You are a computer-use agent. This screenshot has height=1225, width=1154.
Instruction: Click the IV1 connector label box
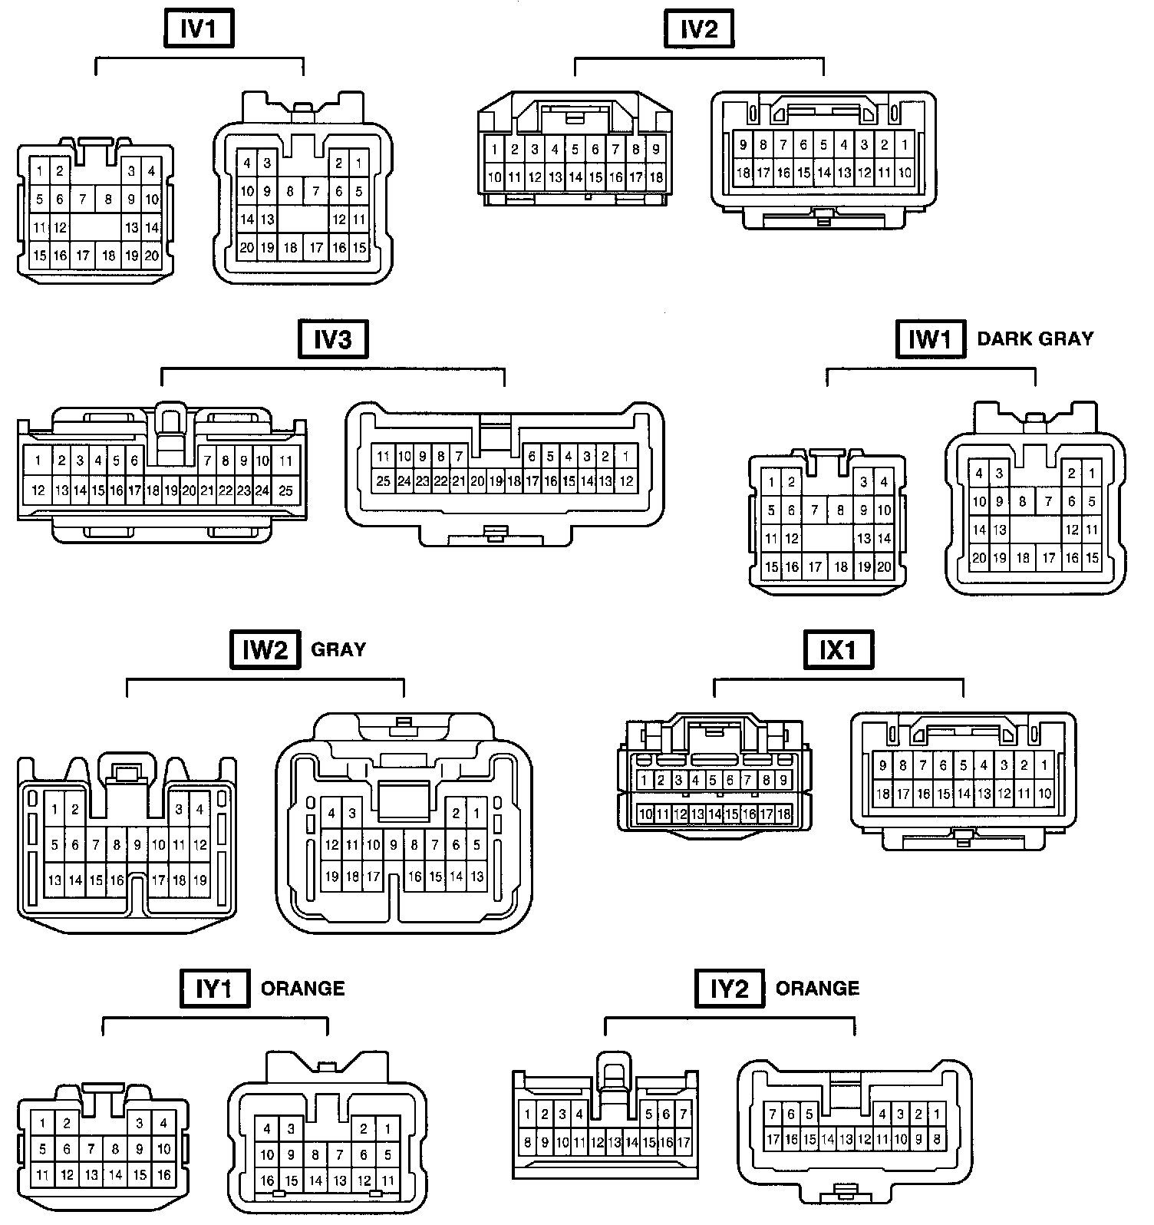199,29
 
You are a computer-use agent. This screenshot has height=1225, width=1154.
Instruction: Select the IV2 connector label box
699,29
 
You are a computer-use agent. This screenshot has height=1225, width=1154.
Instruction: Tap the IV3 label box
333,339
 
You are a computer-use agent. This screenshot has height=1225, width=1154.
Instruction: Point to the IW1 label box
930,339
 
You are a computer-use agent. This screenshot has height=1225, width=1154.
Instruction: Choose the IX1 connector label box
838,651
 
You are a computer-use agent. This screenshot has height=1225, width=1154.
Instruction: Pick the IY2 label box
730,989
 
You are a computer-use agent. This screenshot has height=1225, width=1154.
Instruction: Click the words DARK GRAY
1035,339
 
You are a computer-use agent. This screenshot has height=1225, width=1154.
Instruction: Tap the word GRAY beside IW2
338,650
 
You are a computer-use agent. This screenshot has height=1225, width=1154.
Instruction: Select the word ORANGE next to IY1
303,989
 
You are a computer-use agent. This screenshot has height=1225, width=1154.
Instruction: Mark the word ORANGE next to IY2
818,989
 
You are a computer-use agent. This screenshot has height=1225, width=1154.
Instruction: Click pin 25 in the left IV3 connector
285,490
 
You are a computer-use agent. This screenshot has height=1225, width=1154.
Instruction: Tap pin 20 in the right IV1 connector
246,248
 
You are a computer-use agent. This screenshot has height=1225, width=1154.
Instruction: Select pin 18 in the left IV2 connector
656,178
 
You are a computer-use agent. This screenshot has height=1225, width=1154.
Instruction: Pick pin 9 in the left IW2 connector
137,846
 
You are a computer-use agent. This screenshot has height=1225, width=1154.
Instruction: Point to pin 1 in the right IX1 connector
1044,765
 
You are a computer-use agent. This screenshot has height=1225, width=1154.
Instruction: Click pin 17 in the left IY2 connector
684,1143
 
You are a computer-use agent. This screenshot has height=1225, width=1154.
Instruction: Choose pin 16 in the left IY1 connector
163,1175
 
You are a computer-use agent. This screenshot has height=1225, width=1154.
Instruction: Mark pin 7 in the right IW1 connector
1048,503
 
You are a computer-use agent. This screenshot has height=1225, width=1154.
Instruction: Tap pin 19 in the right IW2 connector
331,877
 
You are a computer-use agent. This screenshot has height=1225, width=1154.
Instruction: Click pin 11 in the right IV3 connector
383,457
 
